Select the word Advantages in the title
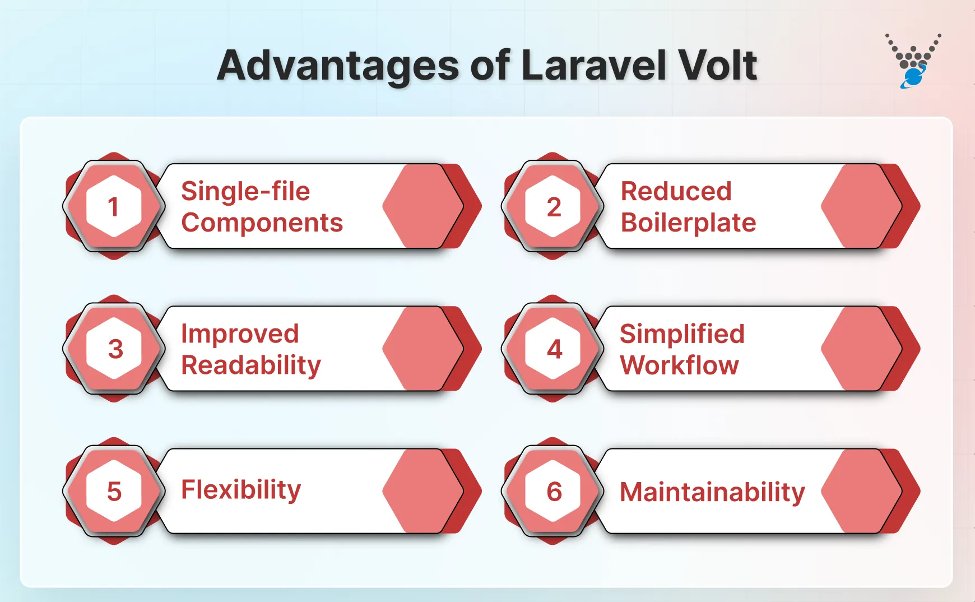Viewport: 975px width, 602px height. click(x=338, y=67)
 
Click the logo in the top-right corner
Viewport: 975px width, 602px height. click(x=913, y=61)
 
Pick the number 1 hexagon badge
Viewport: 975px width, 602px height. click(x=114, y=206)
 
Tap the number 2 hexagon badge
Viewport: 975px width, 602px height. click(x=553, y=206)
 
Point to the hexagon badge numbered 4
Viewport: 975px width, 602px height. click(x=553, y=349)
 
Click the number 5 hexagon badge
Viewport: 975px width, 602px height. click(x=114, y=491)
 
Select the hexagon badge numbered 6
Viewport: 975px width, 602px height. click(x=553, y=491)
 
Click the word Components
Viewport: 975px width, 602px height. click(x=262, y=223)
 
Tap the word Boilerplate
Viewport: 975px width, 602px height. click(x=688, y=223)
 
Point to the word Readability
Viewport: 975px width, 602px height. click(x=251, y=365)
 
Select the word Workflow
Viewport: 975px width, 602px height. click(x=679, y=365)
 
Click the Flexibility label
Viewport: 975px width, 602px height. click(x=241, y=490)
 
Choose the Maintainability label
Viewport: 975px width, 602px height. click(x=712, y=492)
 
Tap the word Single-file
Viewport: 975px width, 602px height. click(x=245, y=191)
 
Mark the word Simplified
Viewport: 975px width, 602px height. click(x=682, y=334)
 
